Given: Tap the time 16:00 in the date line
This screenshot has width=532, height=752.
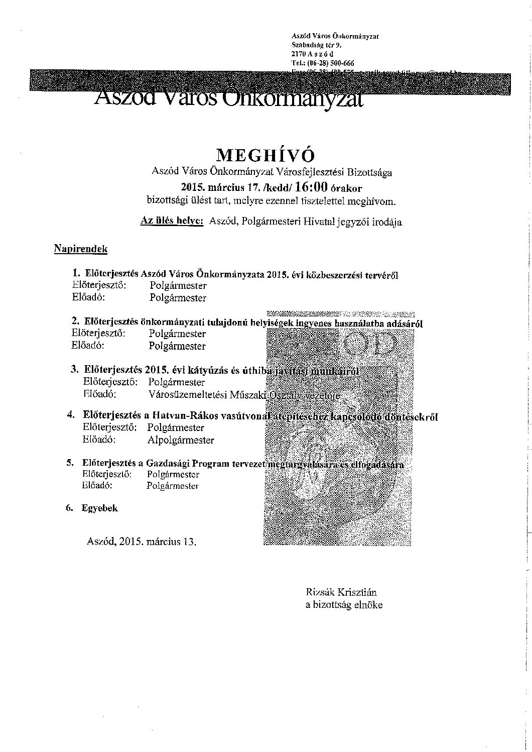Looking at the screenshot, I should click(x=312, y=188).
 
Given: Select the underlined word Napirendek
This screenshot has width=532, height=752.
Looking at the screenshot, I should click(x=80, y=249).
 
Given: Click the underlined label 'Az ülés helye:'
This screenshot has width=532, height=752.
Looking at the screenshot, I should click(x=172, y=222).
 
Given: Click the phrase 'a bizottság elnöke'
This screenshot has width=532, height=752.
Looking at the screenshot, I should click(x=344, y=605).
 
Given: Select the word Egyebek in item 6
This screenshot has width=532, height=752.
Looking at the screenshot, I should click(x=100, y=508).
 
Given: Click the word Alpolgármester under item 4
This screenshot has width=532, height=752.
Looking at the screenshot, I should click(x=181, y=441).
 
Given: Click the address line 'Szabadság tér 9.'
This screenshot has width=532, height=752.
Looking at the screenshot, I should click(x=316, y=45).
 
